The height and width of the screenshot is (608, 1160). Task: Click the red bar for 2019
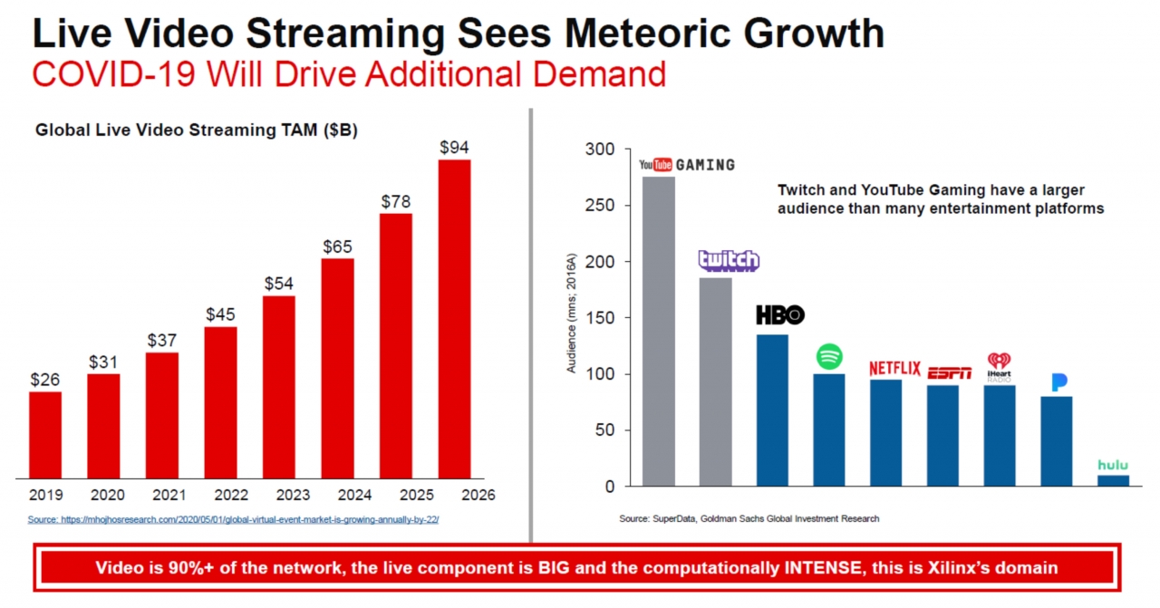(45, 434)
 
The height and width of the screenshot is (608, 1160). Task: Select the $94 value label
(454, 147)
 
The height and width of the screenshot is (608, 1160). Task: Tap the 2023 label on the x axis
(279, 496)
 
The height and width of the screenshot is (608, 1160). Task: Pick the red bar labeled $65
(338, 367)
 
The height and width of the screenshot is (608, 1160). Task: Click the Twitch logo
(729, 260)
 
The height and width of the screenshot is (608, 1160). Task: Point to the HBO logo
(780, 315)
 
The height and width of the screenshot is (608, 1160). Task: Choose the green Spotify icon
(829, 356)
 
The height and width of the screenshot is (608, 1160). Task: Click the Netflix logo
(894, 369)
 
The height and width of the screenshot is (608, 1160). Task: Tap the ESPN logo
(949, 373)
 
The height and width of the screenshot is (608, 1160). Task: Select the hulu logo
(1113, 465)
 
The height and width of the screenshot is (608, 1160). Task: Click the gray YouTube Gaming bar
(659, 331)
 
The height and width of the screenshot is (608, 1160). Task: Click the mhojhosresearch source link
(233, 520)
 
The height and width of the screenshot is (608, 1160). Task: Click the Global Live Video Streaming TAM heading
(197, 130)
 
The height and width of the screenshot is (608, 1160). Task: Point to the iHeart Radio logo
(1000, 366)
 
